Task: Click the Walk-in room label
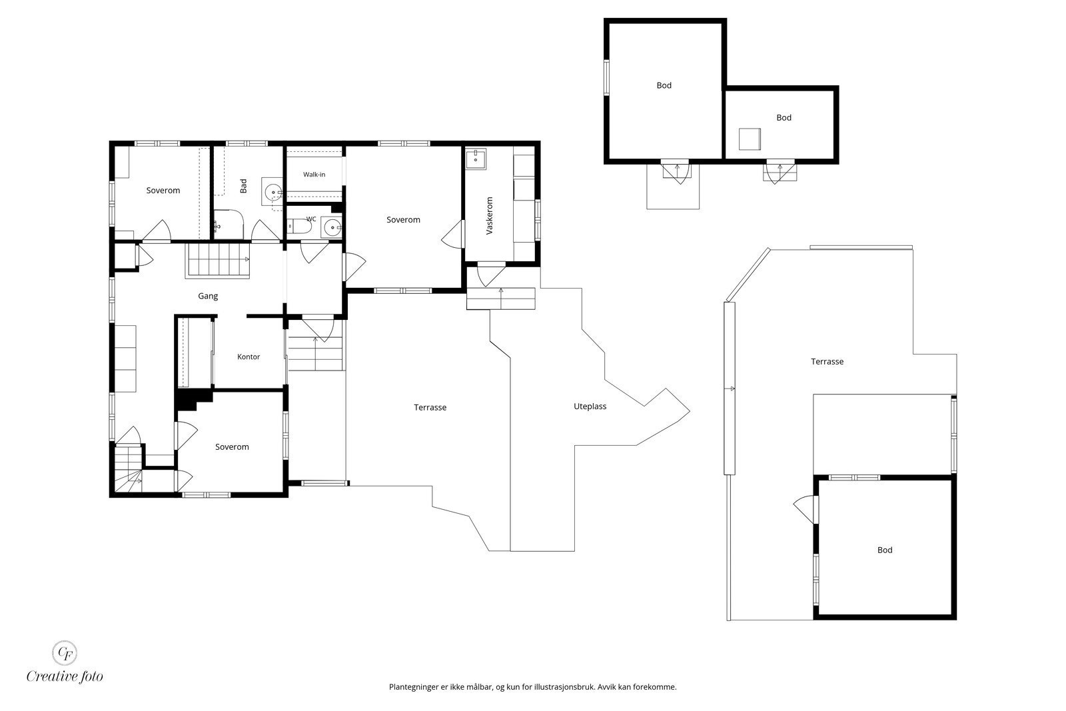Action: pos(314,175)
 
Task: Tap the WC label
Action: pos(311,219)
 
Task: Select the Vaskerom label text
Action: pos(490,216)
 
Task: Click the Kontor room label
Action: pos(249,356)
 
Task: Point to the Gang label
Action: pos(208,296)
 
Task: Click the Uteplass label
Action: pos(590,406)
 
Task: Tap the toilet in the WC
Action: pos(299,226)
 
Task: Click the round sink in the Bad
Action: pos(273,193)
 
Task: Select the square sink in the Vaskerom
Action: pos(476,159)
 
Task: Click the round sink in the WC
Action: pos(332,227)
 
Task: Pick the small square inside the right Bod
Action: pos(750,139)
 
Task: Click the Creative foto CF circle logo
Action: pos(64,652)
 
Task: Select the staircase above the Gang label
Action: pos(218,260)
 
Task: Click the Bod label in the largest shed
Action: pos(664,86)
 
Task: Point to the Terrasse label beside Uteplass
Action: pos(430,407)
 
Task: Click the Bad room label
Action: pos(244,186)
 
